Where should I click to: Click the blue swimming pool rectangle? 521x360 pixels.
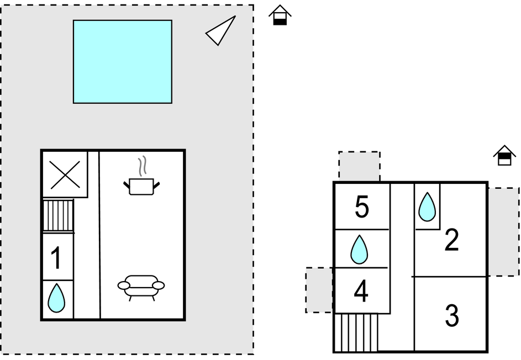coord(122,61)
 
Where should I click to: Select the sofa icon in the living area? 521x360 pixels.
coord(141,287)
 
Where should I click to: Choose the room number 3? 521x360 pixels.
coord(451,316)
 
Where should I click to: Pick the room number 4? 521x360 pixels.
coord(361,292)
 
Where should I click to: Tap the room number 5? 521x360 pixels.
coord(362,208)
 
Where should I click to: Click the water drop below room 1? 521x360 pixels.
coord(56,299)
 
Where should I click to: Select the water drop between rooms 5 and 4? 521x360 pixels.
coord(359,249)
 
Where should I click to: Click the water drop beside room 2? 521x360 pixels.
coord(427,207)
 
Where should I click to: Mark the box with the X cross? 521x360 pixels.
coord(65,174)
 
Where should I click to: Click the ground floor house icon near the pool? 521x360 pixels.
coord(280,15)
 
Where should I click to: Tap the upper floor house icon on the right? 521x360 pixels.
coord(504,156)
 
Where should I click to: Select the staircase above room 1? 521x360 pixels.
coord(58,215)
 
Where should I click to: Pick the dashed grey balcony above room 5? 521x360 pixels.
coord(359,166)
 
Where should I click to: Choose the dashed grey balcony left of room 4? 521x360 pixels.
coord(319,290)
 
